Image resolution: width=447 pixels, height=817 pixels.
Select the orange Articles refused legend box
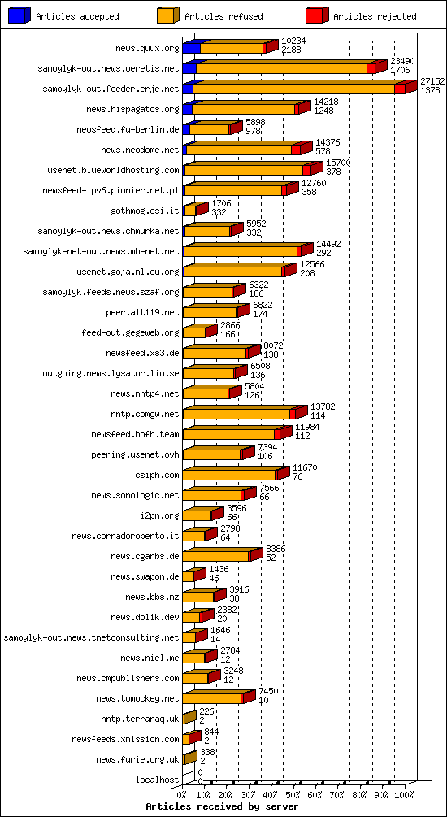(167, 15)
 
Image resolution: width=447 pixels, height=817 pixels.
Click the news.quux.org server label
(146, 48)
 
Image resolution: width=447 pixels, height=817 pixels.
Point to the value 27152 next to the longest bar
(432, 81)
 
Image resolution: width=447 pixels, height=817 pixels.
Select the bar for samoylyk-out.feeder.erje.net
(297, 88)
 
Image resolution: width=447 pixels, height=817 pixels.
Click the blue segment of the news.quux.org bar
(191, 47)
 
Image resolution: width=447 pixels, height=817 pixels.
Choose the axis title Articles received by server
(222, 806)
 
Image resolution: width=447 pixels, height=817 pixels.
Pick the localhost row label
(158, 780)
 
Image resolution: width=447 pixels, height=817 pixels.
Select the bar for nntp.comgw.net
(240, 413)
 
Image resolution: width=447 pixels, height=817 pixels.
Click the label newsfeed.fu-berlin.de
(128, 129)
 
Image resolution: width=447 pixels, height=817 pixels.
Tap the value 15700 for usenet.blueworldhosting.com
(338, 163)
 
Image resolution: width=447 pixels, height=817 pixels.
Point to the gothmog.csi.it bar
(192, 210)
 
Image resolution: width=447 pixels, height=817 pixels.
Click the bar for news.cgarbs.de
(218, 555)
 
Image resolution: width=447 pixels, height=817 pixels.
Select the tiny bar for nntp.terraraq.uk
(189, 718)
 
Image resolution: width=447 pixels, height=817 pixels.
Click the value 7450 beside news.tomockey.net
(268, 691)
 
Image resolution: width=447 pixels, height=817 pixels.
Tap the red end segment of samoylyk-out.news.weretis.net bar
(374, 67)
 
